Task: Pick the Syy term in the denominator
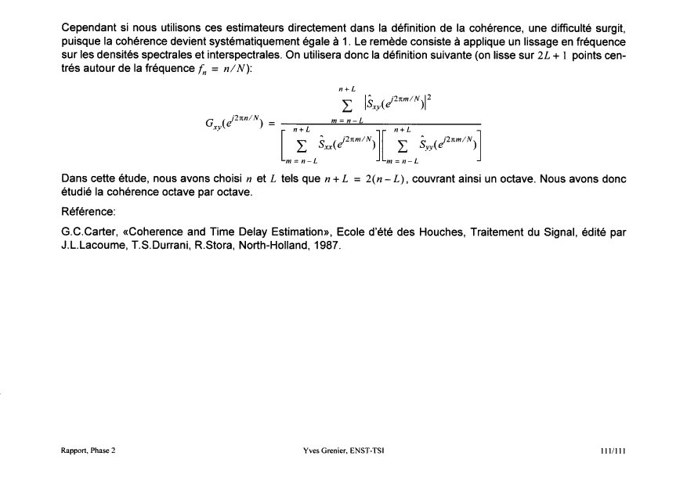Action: pyautogui.click(x=446, y=145)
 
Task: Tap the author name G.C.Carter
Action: pyautogui.click(x=89, y=232)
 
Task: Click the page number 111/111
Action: pyautogui.click(x=611, y=450)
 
